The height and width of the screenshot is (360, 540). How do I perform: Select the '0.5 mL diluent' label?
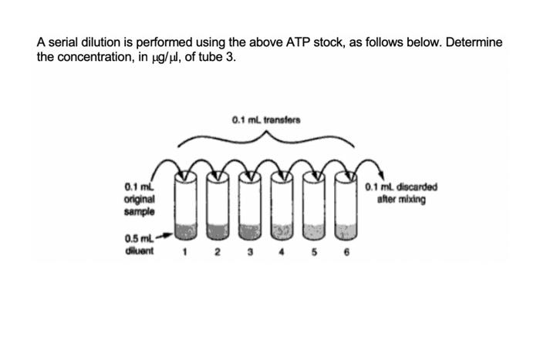[140, 243]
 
